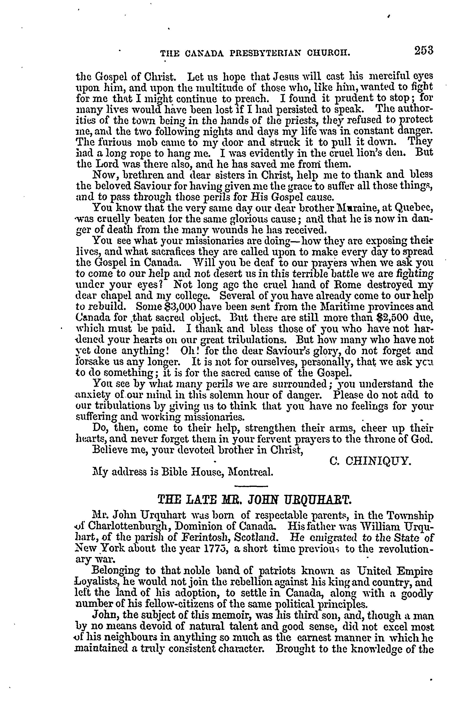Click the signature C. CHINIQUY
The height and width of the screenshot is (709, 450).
370,461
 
